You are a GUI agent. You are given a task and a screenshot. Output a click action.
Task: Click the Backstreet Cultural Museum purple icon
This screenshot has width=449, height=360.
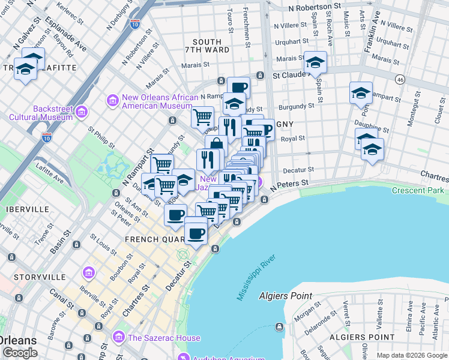coord(82,112)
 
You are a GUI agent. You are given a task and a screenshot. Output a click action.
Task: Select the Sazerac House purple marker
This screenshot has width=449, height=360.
coord(119,337)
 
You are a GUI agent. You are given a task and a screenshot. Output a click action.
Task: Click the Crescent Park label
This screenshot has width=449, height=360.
coord(418,190)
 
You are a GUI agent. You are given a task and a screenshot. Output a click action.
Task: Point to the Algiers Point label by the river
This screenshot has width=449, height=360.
coord(286,295)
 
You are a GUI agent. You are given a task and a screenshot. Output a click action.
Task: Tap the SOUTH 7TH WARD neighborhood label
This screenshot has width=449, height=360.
coord(207,46)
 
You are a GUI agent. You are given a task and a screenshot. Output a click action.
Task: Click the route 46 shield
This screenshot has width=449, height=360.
coord(399,79)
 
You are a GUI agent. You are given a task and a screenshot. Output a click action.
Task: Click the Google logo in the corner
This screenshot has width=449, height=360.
coord(20,353)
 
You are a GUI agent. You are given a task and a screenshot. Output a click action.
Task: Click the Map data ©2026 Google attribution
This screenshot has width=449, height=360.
coord(412,355)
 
